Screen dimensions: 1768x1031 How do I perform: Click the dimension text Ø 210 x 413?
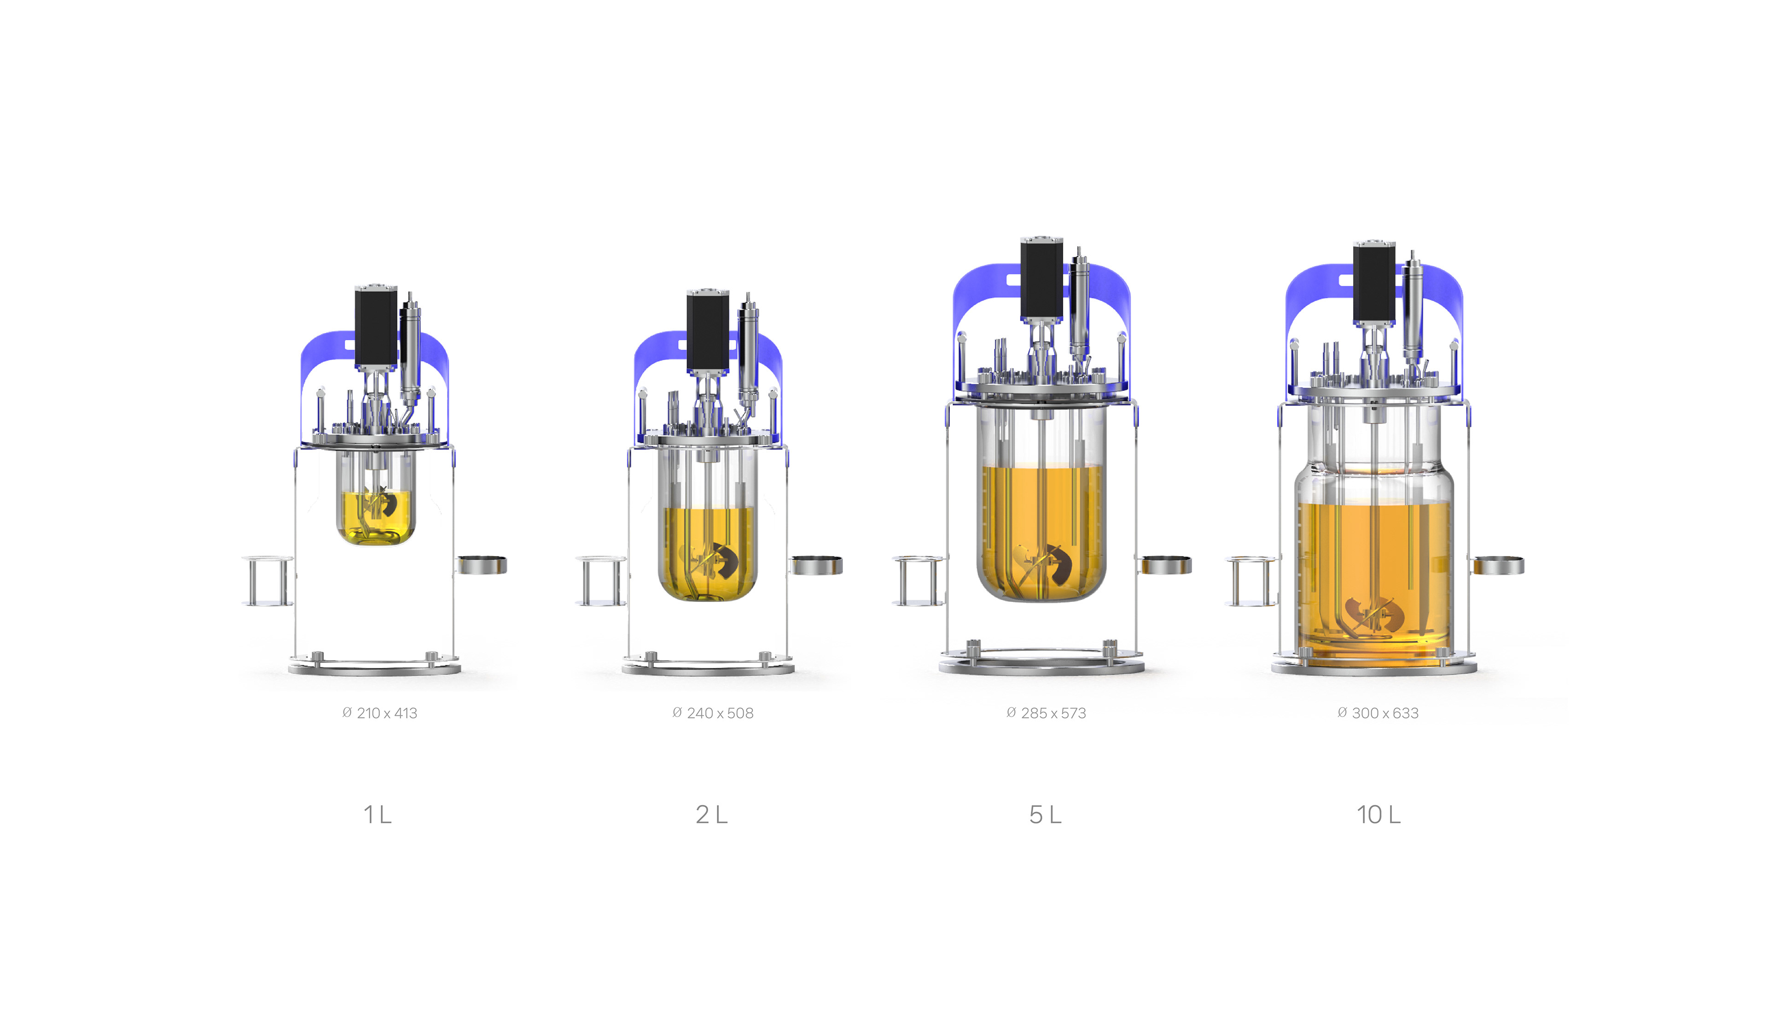(379, 713)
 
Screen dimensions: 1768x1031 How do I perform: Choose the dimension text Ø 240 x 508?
(713, 713)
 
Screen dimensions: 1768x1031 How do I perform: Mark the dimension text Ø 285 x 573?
(1046, 713)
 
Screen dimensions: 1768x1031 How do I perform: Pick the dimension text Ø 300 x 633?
(1378, 713)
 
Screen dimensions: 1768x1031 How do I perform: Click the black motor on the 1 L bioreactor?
(376, 327)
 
